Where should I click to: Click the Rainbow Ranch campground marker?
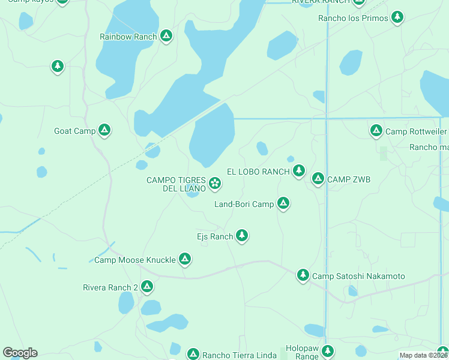coord(166,36)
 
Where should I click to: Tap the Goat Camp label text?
coord(74,131)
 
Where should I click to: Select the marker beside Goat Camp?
coord(104,130)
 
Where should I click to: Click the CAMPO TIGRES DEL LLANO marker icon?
coord(214,182)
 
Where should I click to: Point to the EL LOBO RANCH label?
coord(259,172)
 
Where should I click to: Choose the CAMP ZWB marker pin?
coord(318,178)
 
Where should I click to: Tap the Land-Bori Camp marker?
coord(283,203)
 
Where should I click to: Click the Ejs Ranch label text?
coord(215,236)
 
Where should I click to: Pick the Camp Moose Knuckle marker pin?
coord(185,259)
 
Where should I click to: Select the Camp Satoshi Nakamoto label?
coord(359,277)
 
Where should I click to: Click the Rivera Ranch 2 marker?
coord(146,287)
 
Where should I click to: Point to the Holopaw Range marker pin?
coord(327,350)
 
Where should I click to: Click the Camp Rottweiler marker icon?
coord(376,130)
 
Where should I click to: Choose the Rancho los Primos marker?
coord(397,17)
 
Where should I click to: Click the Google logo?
coord(20,353)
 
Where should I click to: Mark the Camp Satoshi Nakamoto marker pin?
coord(303,275)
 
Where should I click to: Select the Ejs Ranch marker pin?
coord(242,235)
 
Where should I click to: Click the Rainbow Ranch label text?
coord(128,37)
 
